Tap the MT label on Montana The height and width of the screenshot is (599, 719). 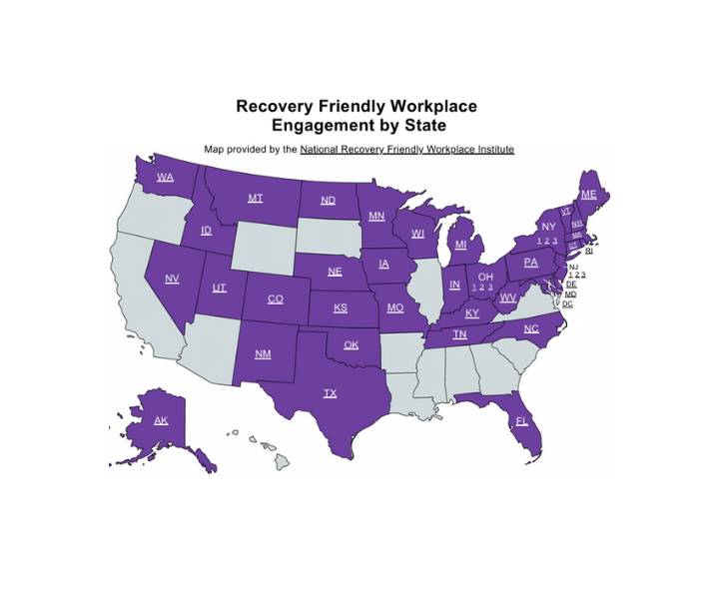256,199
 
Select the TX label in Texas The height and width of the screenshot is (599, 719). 330,393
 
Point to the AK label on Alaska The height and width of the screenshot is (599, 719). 161,420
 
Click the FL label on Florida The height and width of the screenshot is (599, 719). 521,421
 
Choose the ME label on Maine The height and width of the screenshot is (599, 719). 588,194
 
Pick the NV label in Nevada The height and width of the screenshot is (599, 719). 172,279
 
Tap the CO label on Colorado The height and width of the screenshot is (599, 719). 275,299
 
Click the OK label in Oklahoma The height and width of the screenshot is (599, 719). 351,345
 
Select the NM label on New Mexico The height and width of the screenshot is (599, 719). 263,354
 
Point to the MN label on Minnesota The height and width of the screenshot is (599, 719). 376,216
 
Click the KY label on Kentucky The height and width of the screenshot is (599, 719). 472,313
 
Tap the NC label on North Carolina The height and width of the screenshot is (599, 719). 531,328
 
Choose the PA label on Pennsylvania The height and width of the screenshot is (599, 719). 531,263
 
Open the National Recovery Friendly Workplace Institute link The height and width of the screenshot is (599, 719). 406,149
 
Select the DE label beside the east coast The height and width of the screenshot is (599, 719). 571,285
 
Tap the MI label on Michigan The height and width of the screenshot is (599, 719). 460,245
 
